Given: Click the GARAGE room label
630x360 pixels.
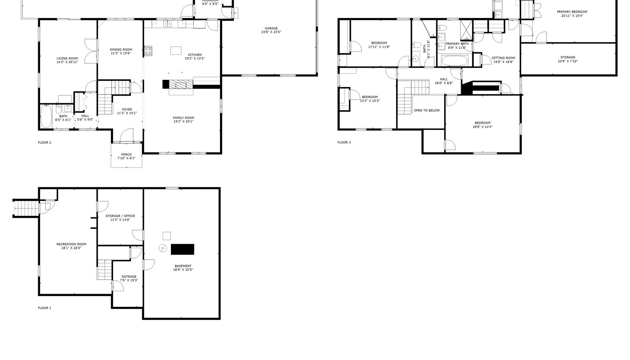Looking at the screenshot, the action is pos(271,28).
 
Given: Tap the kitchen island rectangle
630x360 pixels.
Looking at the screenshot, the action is pos(176,51).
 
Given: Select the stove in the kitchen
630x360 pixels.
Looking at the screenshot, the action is pos(148,50).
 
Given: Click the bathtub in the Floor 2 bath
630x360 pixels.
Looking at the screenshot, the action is pos(46,116).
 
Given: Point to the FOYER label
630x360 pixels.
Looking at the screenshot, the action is pos(127,109).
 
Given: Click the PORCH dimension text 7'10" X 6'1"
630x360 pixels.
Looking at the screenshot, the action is pos(126,158).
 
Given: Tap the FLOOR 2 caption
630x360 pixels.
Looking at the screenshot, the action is pos(44,143).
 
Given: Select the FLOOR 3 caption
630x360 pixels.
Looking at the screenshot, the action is pos(344,142).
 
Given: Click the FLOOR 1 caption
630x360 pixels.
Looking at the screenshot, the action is pos(44,308).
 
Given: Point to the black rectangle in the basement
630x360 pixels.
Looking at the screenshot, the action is pos(183,249).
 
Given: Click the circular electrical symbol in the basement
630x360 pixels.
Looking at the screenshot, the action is pos(163,248).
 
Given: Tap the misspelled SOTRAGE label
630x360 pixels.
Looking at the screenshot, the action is pos(129,276).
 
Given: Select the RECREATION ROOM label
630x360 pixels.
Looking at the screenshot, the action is pos(71,244).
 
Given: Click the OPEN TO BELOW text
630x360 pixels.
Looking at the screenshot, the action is pos(427,110).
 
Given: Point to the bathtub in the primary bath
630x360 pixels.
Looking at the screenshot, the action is pos(454,61).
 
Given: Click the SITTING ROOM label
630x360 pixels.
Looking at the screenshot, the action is pos(504,58).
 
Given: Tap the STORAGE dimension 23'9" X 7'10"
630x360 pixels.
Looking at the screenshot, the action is pos(567,61).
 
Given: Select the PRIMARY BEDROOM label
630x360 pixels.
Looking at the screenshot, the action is pos(572,12).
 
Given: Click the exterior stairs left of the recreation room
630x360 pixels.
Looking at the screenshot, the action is pos(26,208).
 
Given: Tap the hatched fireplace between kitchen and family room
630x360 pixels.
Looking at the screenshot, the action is pos(182,84).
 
